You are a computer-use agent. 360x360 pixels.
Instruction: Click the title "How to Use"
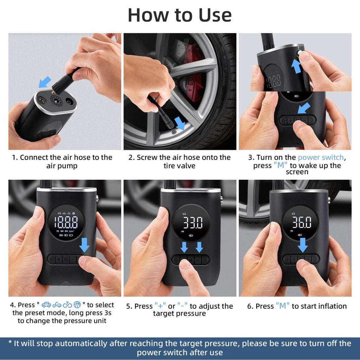pos(180,15)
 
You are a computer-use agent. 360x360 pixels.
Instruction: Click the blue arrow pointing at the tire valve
pos(180,124)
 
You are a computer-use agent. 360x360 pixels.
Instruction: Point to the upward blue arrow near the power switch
pos(296,66)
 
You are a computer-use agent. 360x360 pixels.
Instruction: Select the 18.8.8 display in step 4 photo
pos(66,222)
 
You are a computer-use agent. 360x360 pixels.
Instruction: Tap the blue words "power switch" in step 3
pos(321,157)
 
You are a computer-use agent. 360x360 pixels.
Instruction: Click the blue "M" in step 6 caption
pos(283,306)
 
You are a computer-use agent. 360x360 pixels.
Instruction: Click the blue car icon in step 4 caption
pos(46,304)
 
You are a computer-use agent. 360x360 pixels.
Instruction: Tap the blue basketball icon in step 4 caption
pos(77,304)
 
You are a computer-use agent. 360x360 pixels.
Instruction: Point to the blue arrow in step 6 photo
pos(302,245)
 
